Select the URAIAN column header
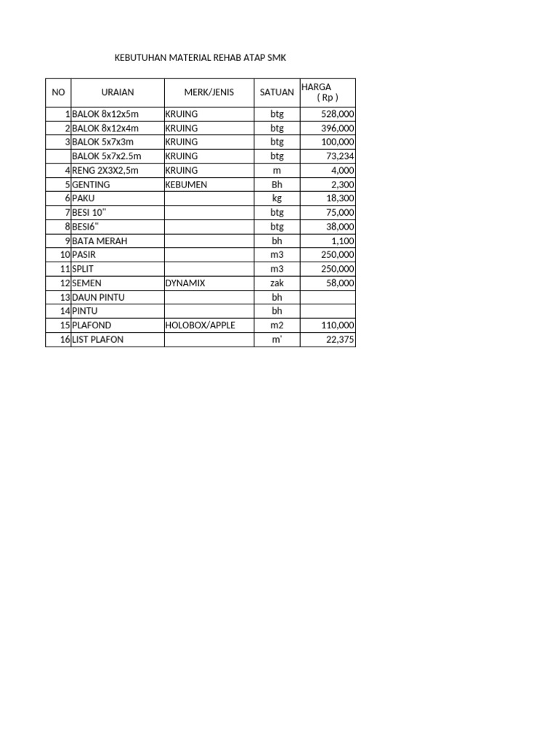tap(117, 92)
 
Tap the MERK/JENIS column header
tap(209, 92)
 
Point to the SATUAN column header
tap(277, 92)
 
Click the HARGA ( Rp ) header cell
tap(327, 92)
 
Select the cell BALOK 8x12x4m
tap(105, 128)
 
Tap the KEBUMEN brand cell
tap(186, 185)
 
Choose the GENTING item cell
tap(92, 185)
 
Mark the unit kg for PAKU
tap(277, 198)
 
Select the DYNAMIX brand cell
tap(185, 283)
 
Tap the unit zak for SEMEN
tap(277, 283)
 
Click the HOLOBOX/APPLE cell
tap(200, 325)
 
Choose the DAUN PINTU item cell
tap(98, 297)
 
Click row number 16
tap(65, 339)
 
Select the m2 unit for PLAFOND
tap(277, 325)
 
